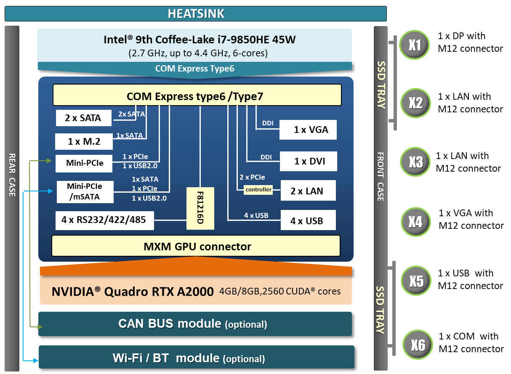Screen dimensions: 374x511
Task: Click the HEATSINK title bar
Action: click(196, 13)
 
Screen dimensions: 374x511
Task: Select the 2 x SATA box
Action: click(84, 118)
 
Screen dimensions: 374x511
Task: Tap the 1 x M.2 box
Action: click(84, 142)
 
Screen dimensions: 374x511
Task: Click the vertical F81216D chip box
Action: click(200, 209)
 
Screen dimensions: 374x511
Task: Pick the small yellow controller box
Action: click(258, 190)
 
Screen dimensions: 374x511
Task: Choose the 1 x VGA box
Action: click(309, 130)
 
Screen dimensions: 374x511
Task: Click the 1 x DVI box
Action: click(309, 161)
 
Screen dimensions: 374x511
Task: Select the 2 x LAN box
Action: click(308, 191)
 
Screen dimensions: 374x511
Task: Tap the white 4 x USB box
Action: click(308, 221)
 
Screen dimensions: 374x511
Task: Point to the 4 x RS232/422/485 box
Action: click(104, 220)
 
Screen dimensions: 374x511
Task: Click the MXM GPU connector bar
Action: click(196, 246)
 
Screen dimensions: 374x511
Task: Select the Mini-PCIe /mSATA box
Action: click(84, 191)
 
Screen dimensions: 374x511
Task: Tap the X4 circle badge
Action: click(415, 221)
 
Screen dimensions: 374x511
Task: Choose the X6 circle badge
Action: click(418, 345)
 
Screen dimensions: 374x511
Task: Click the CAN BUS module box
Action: click(194, 324)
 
